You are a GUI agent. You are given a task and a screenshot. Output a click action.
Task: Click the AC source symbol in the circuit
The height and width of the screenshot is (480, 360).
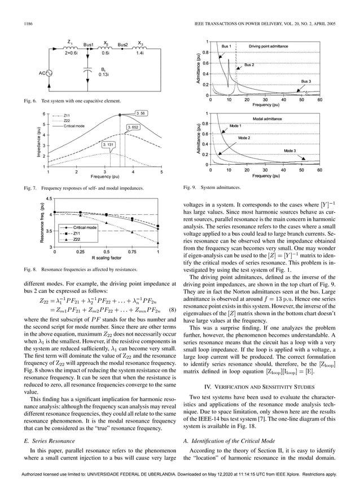tap(49, 73)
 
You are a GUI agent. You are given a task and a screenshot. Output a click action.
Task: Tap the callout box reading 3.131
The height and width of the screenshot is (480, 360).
tap(109, 145)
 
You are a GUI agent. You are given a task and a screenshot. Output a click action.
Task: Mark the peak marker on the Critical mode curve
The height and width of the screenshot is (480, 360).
tap(119, 115)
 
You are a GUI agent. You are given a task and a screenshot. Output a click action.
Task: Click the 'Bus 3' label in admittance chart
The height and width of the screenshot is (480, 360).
tap(305, 82)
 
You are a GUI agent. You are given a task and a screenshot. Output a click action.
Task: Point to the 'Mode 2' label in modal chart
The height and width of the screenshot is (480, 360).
tap(244, 138)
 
